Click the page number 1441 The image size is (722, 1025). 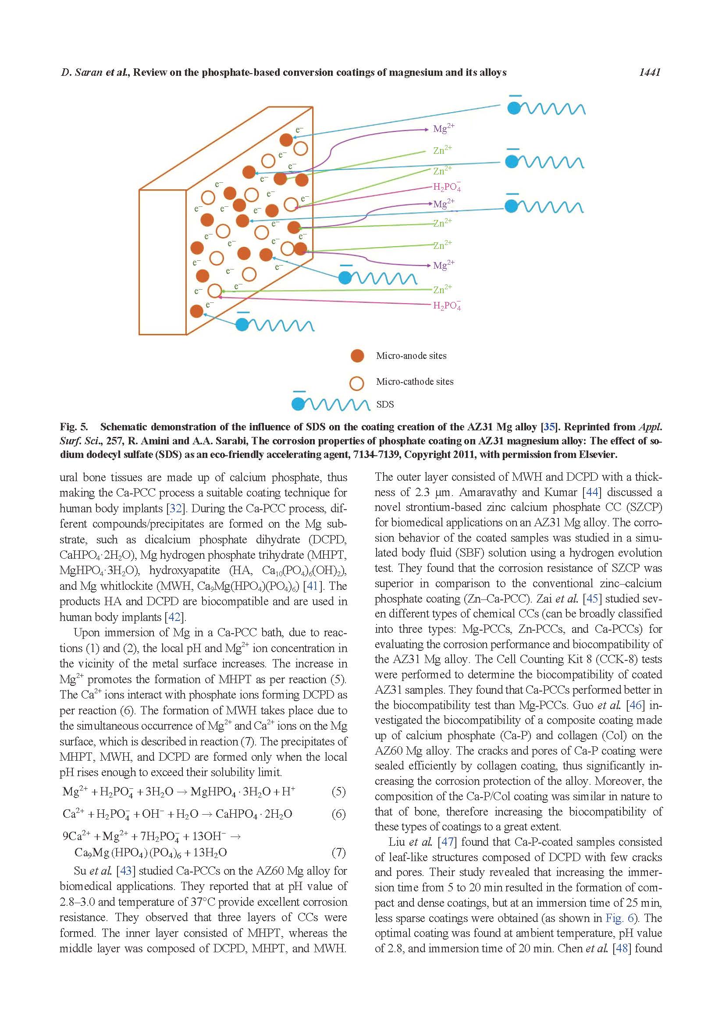(649, 72)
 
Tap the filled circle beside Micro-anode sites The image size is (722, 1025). (357, 356)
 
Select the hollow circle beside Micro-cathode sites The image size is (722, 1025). (357, 382)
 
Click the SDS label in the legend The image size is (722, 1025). (385, 404)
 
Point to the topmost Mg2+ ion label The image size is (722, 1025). (443, 129)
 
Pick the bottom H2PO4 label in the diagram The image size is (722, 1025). (447, 306)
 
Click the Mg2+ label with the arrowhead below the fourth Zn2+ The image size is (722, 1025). (443, 265)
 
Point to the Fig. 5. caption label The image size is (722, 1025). (74, 427)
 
